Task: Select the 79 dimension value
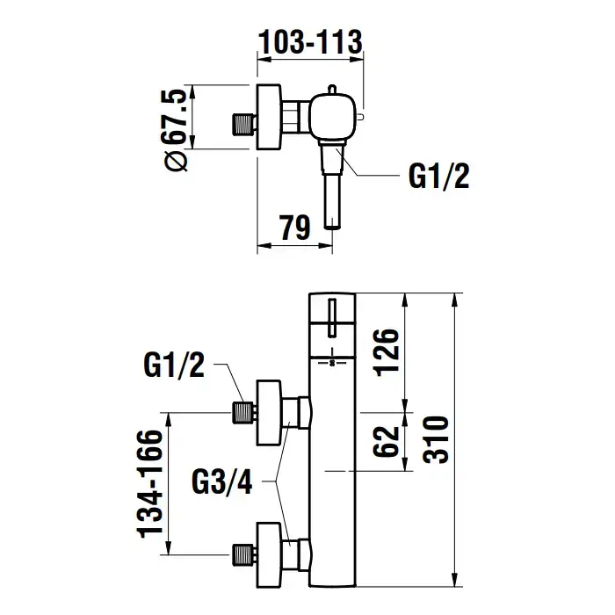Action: [296, 228]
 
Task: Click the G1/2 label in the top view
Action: [439, 177]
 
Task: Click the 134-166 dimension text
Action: [152, 482]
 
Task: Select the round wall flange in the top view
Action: [269, 117]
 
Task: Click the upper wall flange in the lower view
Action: [269, 409]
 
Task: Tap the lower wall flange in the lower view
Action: [269, 553]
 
